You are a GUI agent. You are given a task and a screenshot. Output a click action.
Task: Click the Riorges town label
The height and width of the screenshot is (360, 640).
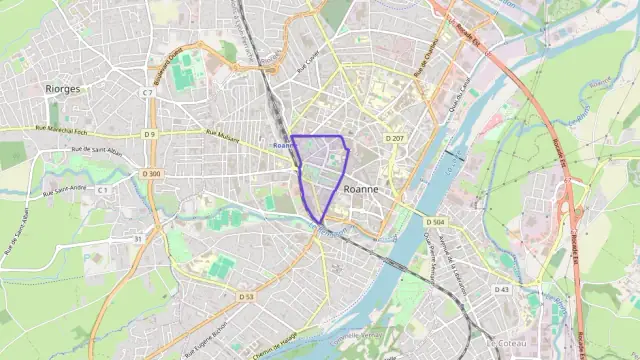point(63,88)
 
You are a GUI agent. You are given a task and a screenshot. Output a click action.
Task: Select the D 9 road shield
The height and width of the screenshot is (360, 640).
point(149,133)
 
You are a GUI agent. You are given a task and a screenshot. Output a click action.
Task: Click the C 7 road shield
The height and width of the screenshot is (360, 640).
point(147,93)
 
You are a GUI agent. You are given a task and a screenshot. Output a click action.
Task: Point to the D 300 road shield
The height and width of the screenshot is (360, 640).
point(151,173)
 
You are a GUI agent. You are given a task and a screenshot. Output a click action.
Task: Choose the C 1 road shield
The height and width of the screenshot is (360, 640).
point(102,189)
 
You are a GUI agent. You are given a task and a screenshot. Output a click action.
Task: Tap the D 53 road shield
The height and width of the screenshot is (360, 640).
point(246,296)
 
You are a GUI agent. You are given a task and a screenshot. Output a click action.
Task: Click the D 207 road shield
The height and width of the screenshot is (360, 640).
point(394,138)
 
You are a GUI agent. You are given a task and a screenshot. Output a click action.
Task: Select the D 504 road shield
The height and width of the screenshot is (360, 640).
point(434,221)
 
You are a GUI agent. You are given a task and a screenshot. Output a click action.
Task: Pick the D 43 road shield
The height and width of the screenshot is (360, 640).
point(501,289)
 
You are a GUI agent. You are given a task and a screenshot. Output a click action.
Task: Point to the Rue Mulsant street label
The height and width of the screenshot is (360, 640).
point(222,135)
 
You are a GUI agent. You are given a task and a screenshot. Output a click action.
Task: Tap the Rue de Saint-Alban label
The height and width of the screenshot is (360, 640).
point(95,149)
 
